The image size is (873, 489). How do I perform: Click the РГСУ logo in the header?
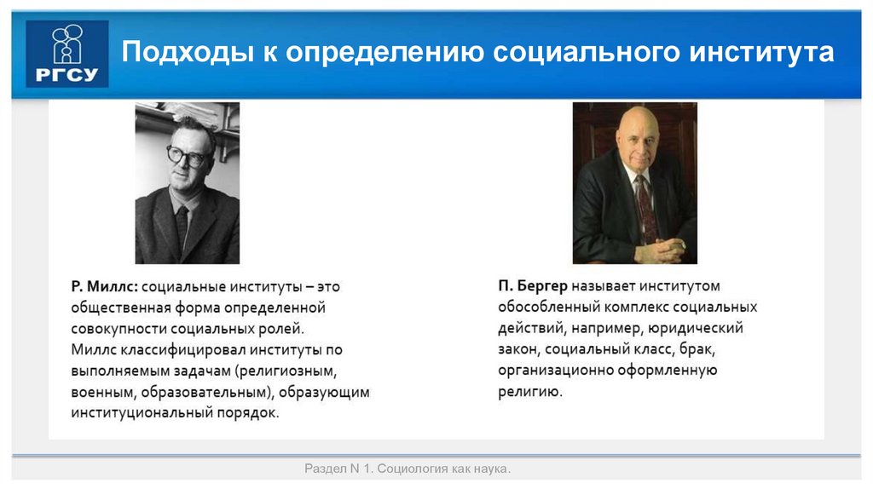point(67,54)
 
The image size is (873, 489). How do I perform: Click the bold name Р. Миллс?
point(105,287)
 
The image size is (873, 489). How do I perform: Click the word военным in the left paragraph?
point(103,392)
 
